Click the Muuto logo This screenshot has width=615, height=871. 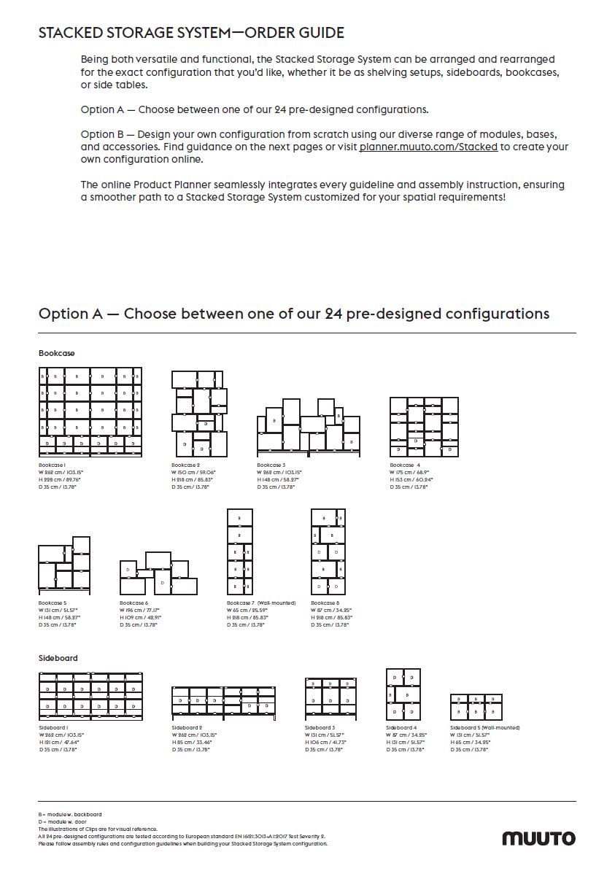(538, 838)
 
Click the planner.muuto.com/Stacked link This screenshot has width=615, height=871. (428, 147)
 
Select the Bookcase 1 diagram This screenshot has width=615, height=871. (90, 411)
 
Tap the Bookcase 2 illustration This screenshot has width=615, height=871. (199, 413)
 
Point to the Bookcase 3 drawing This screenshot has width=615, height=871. (309, 426)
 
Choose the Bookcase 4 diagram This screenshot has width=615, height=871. (424, 427)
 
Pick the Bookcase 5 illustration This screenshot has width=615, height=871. (64, 566)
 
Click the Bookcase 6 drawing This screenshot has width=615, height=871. (159, 573)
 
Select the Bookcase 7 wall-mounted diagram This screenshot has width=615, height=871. (240, 552)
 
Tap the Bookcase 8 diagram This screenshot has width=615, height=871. (328, 552)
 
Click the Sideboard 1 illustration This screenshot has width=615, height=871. (90, 697)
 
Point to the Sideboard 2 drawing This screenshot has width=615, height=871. (223, 701)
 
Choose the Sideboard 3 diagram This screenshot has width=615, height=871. (330, 697)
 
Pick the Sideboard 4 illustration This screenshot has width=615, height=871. (403, 694)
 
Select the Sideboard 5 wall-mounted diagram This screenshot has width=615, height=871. (476, 707)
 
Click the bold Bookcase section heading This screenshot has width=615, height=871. (57, 353)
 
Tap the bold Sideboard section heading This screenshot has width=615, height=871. (58, 658)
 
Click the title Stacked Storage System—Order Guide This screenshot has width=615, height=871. (191, 33)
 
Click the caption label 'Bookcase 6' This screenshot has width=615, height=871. (134, 603)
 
